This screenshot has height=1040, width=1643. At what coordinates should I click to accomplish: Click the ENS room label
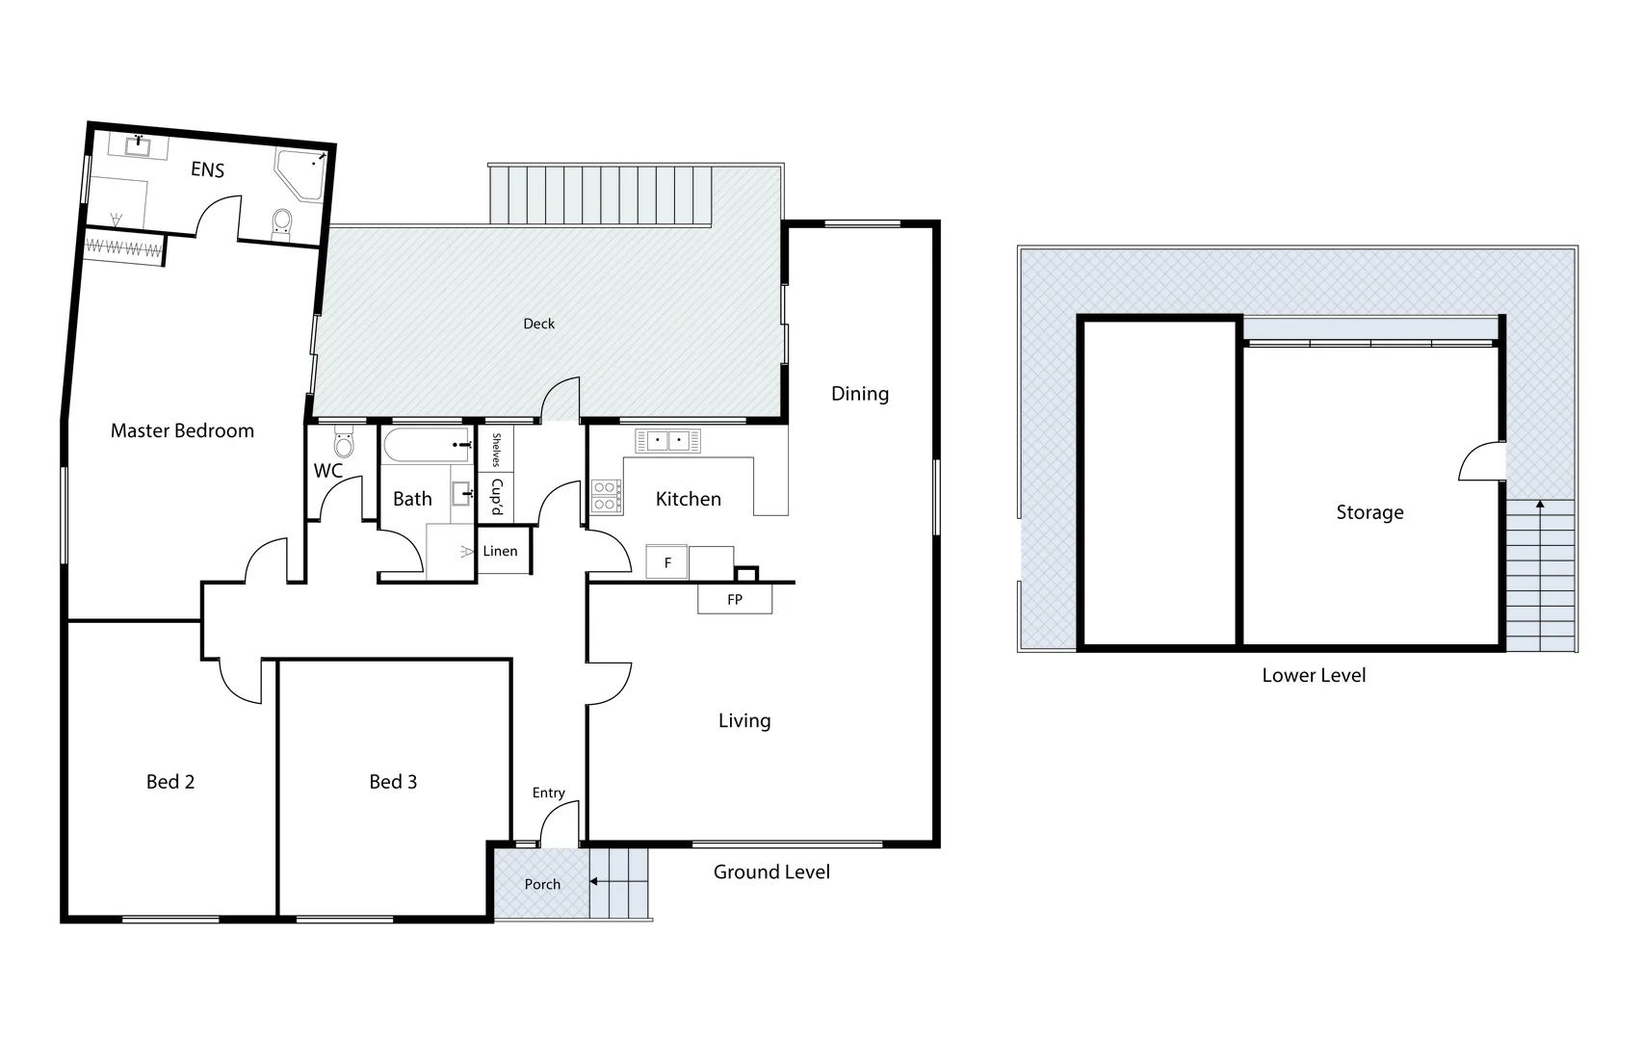coord(207,170)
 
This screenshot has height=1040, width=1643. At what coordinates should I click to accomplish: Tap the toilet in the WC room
coord(344,444)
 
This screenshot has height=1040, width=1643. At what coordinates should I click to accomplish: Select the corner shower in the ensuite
coord(300,174)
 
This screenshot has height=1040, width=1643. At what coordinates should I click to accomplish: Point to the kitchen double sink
coord(667,441)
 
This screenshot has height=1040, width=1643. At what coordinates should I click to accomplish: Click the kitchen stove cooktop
coord(606,495)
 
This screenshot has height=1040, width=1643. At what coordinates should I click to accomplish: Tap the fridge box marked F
coord(667,562)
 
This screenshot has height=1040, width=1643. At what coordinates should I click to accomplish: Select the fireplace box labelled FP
coord(735,599)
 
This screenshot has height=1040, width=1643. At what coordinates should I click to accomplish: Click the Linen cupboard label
coord(501,551)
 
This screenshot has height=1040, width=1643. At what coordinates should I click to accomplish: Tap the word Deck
coord(539,324)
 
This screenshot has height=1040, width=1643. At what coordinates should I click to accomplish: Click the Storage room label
coord(1369,512)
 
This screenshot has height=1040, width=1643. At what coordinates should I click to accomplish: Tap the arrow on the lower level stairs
coord(1540,505)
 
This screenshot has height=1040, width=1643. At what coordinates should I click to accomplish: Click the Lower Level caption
coord(1314,675)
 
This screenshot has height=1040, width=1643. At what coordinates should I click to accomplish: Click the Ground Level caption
coord(771,871)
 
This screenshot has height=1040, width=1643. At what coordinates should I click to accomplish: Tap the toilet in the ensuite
coord(282,222)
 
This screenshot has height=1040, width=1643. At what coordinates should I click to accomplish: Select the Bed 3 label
coord(393,782)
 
